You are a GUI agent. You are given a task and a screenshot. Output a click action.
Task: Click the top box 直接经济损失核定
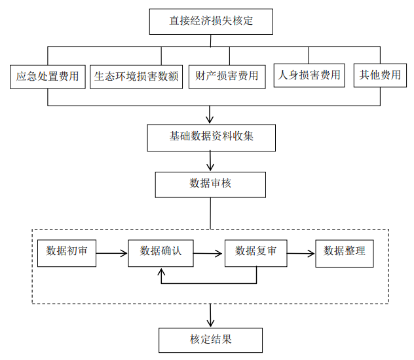[210, 21]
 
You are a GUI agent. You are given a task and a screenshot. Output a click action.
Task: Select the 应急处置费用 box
[48, 76]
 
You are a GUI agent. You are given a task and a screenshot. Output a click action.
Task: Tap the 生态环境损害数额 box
[137, 76]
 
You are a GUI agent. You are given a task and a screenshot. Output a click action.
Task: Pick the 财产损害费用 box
[227, 76]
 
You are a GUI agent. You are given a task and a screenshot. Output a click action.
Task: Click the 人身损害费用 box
[309, 75]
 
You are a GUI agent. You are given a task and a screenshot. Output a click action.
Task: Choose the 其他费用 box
[380, 75]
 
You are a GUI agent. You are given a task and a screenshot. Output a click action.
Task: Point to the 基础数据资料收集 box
[210, 138]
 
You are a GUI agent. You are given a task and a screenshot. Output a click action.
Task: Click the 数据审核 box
[210, 184]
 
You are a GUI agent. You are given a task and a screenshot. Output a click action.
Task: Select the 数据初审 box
[67, 251]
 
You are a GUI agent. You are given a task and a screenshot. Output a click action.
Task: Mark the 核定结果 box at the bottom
[210, 340]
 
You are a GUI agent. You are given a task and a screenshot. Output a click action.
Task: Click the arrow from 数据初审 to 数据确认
[111, 252]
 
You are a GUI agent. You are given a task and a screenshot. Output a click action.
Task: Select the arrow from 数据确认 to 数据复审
[209, 252]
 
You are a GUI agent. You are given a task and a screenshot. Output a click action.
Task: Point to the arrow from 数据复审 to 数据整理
[301, 252]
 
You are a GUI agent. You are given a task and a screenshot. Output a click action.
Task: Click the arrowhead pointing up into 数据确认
[161, 271]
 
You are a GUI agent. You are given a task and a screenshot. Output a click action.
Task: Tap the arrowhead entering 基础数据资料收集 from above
[210, 120]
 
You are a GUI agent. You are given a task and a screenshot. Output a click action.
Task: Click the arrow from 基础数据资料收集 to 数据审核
[210, 161]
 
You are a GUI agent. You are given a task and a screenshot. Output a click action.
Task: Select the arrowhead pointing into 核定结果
[210, 323]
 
